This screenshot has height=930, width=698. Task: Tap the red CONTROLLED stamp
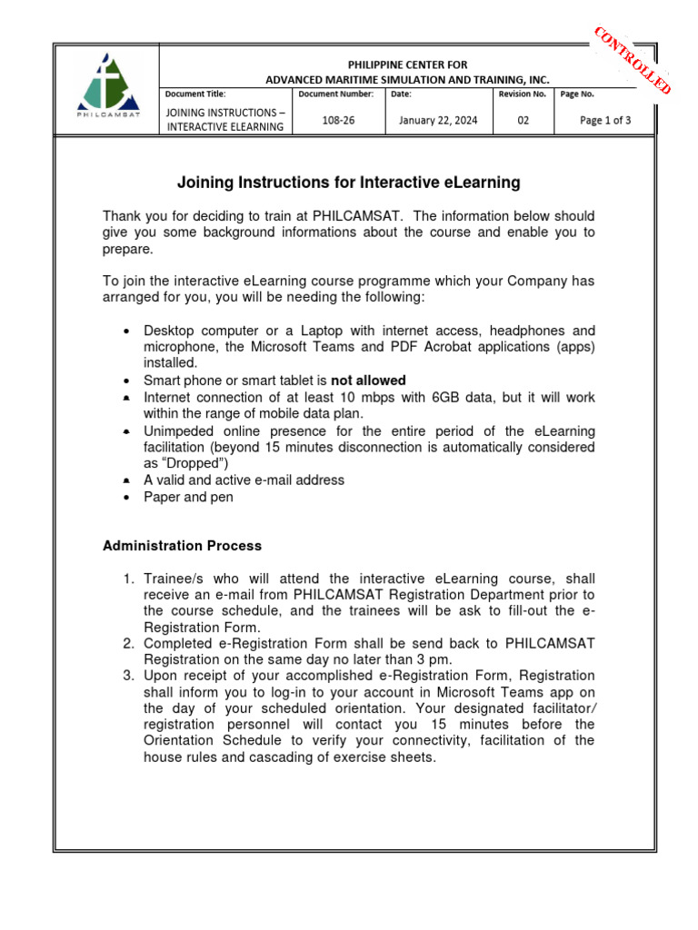point(633,60)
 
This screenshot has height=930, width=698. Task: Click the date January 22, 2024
point(438,120)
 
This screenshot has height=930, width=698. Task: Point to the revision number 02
point(523,120)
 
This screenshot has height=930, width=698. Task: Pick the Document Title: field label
point(195,94)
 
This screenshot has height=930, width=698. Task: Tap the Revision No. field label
point(523,94)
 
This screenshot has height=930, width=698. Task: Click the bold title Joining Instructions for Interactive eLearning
point(348,183)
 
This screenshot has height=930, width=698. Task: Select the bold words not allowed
point(368,381)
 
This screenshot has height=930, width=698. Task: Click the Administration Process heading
point(182,546)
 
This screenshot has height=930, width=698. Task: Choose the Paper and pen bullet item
point(188,497)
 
